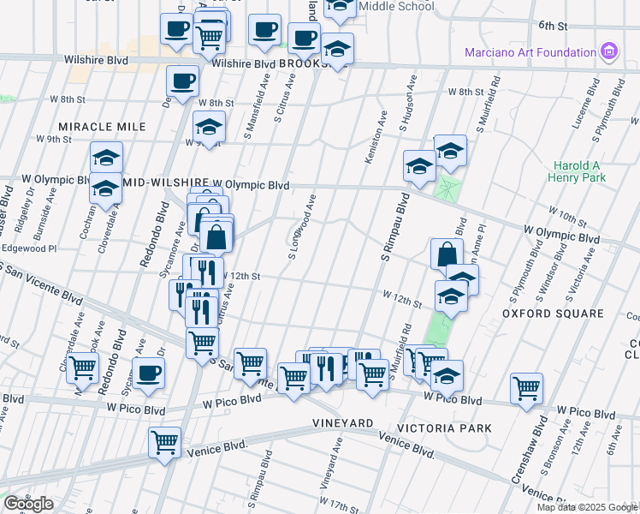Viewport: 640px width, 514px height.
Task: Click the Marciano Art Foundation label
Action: tap(530, 52)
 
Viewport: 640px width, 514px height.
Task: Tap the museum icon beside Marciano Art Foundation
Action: tap(608, 51)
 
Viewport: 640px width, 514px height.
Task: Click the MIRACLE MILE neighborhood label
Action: tap(102, 127)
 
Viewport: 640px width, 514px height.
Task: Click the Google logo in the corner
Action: tap(28, 504)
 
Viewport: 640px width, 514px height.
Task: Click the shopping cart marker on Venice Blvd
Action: tap(164, 443)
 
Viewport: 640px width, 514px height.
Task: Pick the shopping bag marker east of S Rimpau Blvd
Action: tap(447, 254)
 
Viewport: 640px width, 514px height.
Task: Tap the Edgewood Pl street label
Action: tap(28, 248)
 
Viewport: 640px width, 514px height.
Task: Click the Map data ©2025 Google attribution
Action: tap(587, 507)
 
